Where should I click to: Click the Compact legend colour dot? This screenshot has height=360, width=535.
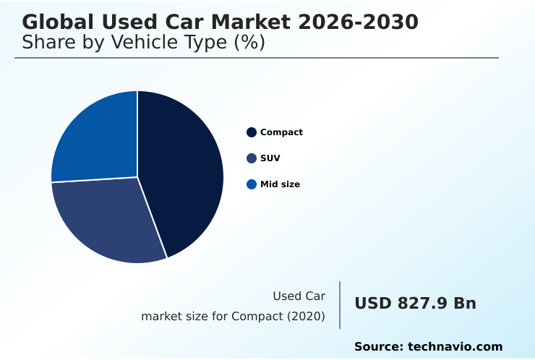point(252,132)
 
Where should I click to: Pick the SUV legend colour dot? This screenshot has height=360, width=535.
point(252,158)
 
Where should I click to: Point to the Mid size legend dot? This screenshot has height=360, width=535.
point(252,184)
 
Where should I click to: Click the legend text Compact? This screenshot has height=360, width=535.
point(281,132)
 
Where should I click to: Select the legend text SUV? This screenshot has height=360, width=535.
point(270,158)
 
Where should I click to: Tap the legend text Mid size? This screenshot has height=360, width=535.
point(280,184)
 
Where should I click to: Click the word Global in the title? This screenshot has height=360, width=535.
point(57,22)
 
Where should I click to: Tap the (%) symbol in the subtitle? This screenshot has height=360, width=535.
point(249,43)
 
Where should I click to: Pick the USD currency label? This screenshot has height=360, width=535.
point(372,304)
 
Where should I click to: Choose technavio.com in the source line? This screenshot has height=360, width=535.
point(455,347)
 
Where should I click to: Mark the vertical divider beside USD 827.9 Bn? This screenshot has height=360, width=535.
point(340,305)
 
